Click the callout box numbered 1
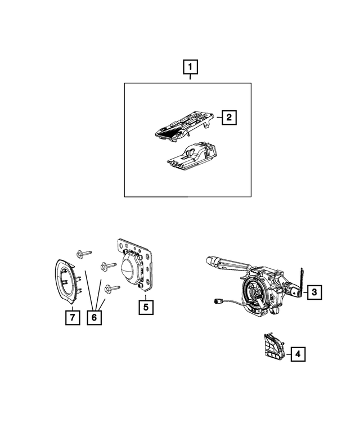click(191, 68)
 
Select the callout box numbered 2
click(229, 118)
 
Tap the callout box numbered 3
click(314, 291)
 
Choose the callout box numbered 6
click(94, 318)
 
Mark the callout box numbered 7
click(71, 318)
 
